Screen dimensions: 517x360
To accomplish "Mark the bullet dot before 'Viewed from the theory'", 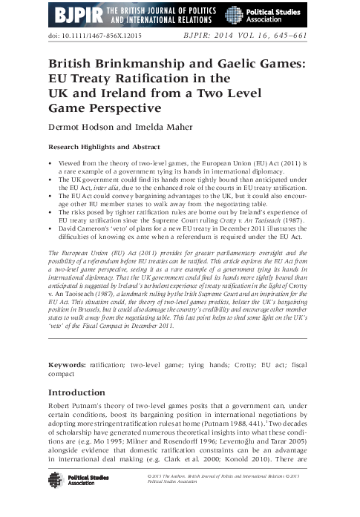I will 50,160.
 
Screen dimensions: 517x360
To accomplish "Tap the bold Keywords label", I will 68,366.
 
